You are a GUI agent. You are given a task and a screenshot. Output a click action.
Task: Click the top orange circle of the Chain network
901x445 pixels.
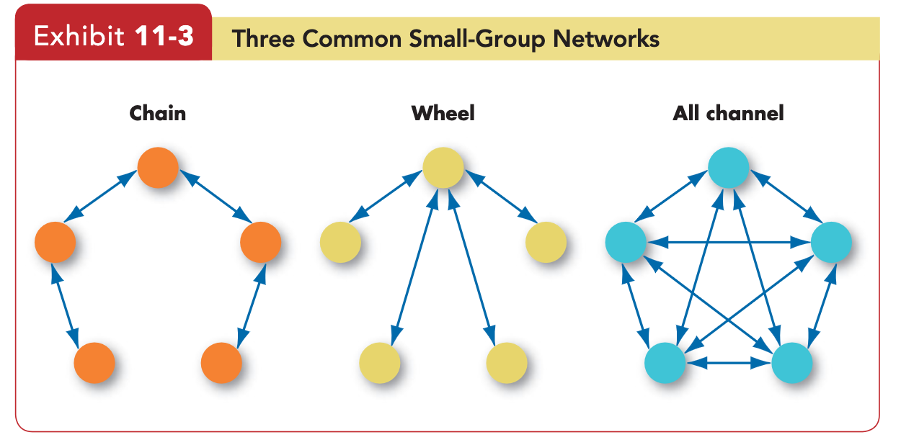158,167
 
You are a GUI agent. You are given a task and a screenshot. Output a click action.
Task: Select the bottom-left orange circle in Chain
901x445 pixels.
94,363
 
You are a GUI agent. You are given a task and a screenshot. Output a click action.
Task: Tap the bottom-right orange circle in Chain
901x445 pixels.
221,363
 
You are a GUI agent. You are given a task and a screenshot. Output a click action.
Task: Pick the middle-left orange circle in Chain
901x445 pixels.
55,242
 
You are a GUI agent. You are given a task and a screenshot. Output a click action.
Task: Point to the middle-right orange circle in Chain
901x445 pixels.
261,242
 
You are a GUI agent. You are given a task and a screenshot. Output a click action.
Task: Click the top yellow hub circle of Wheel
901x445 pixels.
443,167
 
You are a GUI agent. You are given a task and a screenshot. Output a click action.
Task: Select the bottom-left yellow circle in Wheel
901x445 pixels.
380,363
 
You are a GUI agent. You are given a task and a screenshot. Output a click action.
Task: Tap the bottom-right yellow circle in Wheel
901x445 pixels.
507,363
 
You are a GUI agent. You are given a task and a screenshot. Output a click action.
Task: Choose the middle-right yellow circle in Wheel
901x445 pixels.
546,242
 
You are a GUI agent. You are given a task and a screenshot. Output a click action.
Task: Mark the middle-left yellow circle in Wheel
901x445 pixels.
340,242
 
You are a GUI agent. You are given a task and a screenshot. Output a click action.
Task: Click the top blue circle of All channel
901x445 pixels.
729,167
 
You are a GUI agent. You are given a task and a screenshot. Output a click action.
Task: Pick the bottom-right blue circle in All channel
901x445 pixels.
792,363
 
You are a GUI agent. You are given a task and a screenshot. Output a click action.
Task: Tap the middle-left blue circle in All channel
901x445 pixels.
626,242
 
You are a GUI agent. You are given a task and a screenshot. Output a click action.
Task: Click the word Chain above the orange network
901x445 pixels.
158,113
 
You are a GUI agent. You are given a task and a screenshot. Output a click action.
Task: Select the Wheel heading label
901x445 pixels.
443,113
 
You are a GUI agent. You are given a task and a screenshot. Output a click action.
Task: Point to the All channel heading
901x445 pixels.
729,113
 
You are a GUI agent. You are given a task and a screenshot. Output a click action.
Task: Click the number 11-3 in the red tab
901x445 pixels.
164,36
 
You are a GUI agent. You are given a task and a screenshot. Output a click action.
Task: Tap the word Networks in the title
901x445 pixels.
606,39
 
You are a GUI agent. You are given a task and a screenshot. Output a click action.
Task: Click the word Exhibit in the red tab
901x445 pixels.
79,36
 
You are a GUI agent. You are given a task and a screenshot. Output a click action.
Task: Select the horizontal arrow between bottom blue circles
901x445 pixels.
729,363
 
